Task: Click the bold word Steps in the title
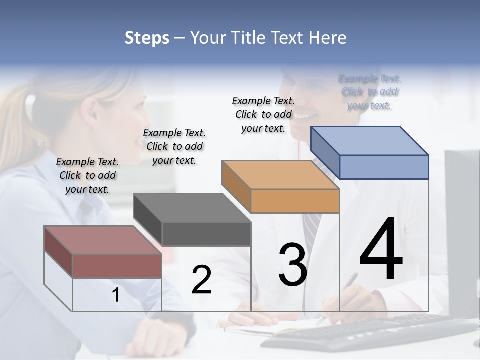click(147, 38)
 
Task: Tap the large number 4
click(381, 250)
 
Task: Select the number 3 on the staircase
click(293, 265)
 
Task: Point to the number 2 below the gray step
click(201, 280)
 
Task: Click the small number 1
click(115, 295)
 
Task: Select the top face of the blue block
click(369, 140)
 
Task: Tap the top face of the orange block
click(280, 175)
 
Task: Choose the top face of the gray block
click(191, 208)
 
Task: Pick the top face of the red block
click(102, 240)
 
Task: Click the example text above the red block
click(87, 175)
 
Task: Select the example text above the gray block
click(174, 146)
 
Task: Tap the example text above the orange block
click(263, 114)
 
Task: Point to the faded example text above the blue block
click(369, 92)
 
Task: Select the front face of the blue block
click(384, 167)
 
